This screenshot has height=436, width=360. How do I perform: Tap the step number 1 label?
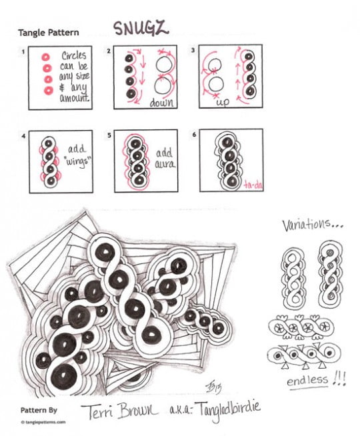(24, 51)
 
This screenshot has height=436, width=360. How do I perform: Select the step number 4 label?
(24, 137)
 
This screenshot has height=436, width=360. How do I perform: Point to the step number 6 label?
(194, 137)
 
